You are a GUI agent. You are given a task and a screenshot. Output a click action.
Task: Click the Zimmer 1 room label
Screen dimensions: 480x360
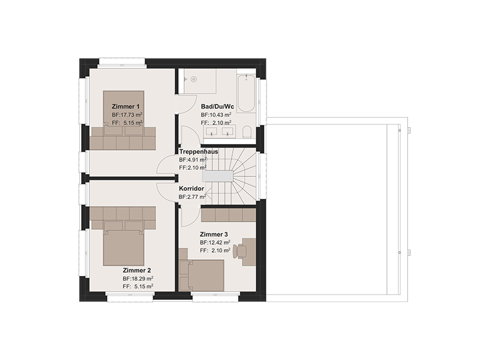click(x=125, y=107)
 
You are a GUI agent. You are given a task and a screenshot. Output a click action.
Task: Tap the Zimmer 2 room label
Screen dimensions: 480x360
click(x=137, y=271)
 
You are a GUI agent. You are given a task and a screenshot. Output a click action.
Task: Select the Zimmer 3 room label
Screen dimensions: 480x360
click(x=214, y=235)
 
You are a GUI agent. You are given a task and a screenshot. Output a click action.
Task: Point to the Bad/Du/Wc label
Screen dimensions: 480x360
click(x=217, y=107)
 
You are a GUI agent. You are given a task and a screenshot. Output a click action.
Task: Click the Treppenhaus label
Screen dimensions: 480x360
click(x=199, y=152)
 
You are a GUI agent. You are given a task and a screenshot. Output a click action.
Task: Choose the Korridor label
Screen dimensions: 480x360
click(x=191, y=188)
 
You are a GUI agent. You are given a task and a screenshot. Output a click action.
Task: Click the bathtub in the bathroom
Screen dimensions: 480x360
click(x=245, y=93)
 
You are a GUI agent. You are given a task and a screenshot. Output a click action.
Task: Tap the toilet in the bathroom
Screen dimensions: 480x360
click(x=247, y=133)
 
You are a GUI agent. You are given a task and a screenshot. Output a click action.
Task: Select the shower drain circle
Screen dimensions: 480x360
click(x=193, y=79)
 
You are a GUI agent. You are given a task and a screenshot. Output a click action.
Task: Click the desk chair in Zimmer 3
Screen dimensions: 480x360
click(x=238, y=251)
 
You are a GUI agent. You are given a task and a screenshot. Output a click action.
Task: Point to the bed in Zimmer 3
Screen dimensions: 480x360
click(x=202, y=275)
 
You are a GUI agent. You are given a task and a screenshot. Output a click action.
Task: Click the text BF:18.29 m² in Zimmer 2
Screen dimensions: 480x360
click(x=138, y=278)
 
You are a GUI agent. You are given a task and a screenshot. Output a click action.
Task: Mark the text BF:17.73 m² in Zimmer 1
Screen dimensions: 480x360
click(x=127, y=115)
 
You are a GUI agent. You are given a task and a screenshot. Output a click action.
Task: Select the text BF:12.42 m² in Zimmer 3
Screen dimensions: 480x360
click(x=215, y=242)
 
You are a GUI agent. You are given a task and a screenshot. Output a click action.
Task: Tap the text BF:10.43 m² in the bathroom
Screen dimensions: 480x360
click(x=216, y=115)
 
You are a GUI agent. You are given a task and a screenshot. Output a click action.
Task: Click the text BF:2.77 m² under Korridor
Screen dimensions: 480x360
click(x=193, y=197)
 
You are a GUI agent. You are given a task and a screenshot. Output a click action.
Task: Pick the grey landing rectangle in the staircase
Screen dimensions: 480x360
click(x=217, y=176)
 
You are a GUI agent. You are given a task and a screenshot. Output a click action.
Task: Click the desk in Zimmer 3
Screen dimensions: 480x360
click(x=249, y=251)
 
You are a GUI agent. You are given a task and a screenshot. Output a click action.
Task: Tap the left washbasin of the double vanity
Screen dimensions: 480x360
click(x=212, y=131)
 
